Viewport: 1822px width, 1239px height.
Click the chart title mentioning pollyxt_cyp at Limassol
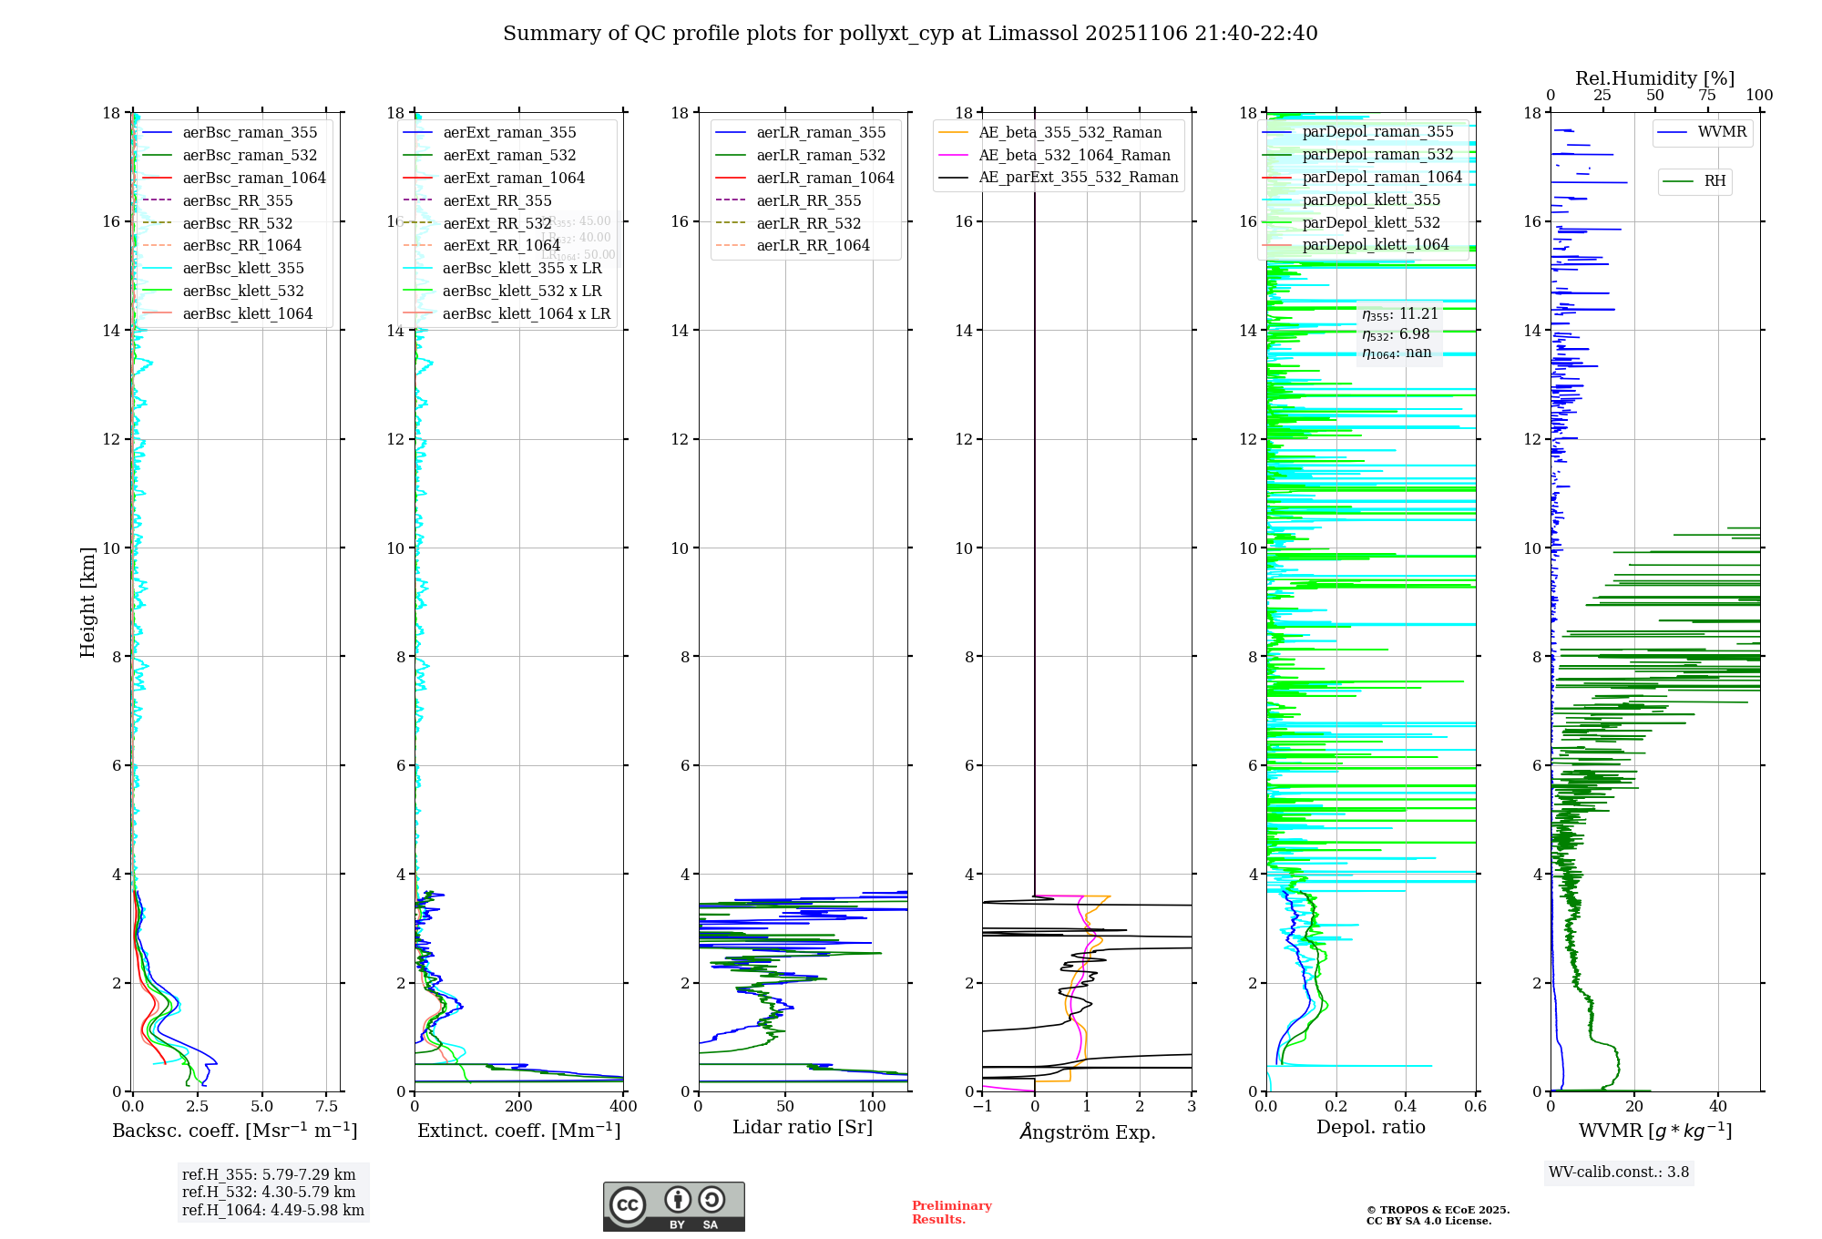click(910, 34)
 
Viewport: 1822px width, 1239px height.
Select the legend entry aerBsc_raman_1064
click(253, 178)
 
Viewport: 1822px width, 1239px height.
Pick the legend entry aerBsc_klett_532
click(242, 291)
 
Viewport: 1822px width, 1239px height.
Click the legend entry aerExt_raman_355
click(509, 133)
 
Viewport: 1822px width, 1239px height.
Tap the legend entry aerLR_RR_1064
click(813, 246)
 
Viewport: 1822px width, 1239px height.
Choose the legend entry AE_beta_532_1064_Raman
click(1074, 155)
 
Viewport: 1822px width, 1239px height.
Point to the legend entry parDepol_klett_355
click(1371, 200)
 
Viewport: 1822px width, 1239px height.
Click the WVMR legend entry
click(1722, 132)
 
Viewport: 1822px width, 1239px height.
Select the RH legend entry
click(1715, 181)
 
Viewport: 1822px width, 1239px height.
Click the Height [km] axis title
click(87, 601)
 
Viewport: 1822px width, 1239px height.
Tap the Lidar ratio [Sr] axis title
click(803, 1127)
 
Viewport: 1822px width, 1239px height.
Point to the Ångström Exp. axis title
click(1087, 1131)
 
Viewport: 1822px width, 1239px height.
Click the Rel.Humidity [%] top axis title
click(1654, 78)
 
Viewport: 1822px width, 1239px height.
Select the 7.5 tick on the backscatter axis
click(327, 1106)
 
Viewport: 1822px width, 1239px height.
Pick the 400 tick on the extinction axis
click(623, 1106)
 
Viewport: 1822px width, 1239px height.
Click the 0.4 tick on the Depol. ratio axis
click(1406, 1106)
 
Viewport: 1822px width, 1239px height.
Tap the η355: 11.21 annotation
click(1400, 314)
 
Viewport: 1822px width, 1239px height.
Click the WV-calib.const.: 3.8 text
click(1619, 1172)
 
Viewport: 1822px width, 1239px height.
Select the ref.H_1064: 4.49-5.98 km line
click(273, 1210)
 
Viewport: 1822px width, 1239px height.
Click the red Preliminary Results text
click(951, 1213)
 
